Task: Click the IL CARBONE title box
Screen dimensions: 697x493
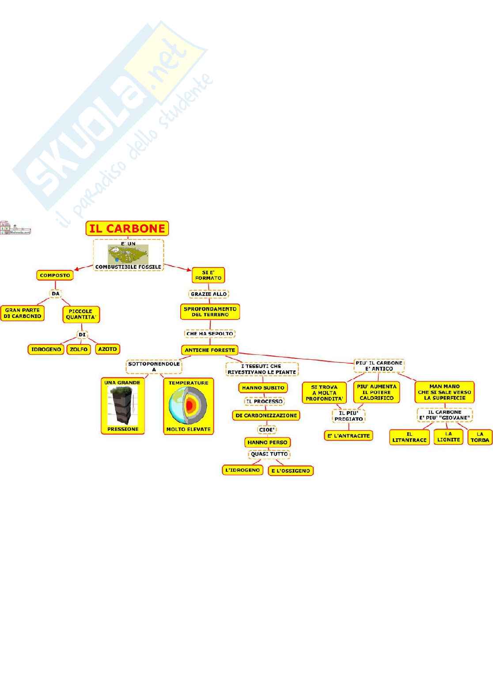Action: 127,228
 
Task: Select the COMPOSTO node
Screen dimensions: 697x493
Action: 55,275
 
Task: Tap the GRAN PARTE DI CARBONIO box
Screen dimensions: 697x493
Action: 23,313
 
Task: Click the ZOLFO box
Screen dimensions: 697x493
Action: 79,349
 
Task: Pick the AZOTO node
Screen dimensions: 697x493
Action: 107,349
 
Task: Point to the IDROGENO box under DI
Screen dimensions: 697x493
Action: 46,349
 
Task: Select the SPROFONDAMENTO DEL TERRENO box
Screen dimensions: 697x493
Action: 210,312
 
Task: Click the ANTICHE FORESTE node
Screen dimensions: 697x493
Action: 210,350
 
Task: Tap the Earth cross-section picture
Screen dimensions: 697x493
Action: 188,406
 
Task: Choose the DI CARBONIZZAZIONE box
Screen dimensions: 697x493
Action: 266,415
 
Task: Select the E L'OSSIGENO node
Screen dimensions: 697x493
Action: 290,471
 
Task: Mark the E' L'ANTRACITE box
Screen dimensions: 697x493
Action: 349,436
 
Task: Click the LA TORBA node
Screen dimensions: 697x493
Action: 480,437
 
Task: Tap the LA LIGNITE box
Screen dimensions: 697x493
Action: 448,437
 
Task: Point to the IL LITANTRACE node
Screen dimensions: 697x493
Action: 410,437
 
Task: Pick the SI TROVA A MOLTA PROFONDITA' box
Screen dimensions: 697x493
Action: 324,393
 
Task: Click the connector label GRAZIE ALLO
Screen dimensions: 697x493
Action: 209,294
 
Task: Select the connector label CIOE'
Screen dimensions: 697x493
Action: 267,430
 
